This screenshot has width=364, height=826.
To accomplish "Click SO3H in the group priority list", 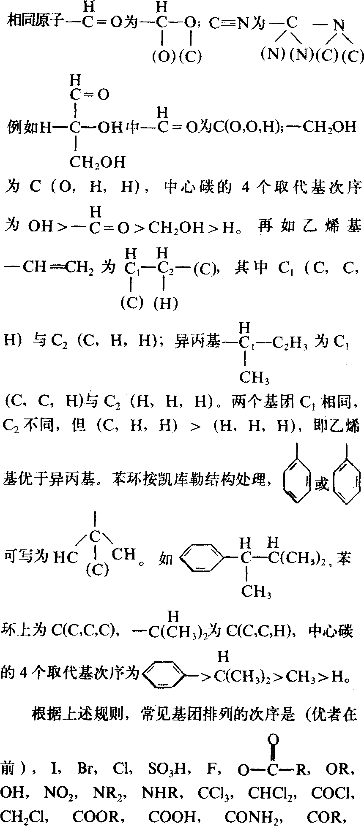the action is (167, 769).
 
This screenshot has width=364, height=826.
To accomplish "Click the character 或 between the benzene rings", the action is (322, 484).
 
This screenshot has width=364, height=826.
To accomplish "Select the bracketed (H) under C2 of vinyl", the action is (165, 304).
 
